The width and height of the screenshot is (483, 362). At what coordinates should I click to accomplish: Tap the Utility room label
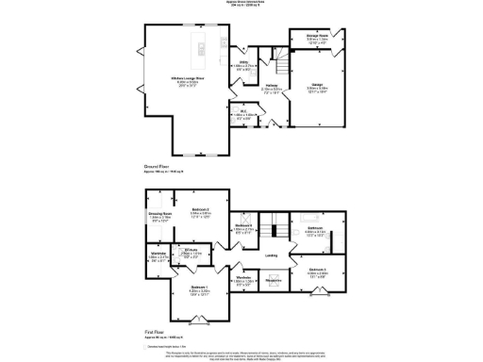[x=242, y=63]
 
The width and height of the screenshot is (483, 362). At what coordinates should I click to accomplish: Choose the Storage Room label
[x=303, y=35]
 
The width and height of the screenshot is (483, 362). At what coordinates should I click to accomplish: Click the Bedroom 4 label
[x=243, y=227]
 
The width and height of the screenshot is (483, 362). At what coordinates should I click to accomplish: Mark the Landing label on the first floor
[x=270, y=254]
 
